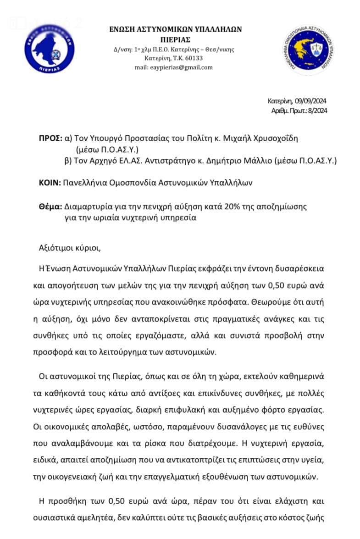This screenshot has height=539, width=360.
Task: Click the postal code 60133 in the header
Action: pyautogui.click(x=194, y=59)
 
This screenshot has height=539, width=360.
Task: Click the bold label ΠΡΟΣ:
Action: pyautogui.click(x=50, y=138)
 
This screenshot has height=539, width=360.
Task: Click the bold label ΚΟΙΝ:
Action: pyautogui.click(x=50, y=183)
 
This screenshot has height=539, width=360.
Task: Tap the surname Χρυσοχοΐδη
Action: pyautogui.click(x=274, y=138)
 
